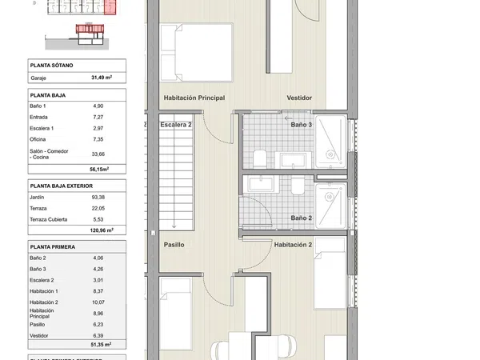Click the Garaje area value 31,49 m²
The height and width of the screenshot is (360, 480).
tap(102, 78)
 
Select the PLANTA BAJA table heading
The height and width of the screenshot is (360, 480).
tap(48, 95)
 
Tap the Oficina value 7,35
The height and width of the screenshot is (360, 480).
tap(98, 139)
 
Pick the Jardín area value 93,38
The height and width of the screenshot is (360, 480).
tap(98, 197)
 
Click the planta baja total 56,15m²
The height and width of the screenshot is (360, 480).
tap(99, 169)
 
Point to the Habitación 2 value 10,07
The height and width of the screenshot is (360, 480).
tap(98, 302)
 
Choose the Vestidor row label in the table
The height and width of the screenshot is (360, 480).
tap(39, 335)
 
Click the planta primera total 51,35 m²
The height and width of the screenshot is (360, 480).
tap(101, 344)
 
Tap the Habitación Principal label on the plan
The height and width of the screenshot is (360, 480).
tap(194, 98)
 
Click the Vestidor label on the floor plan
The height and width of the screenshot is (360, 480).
tap(299, 98)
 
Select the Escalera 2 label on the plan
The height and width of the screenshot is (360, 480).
tap(176, 125)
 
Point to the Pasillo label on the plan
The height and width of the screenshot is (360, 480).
tap(174, 245)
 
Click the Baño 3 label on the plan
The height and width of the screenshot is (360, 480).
tap(302, 125)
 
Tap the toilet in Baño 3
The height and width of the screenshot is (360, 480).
tap(260, 159)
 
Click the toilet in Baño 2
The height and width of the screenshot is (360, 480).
tap(298, 186)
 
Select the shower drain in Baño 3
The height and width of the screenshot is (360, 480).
tap(330, 154)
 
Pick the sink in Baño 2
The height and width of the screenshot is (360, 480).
tap(261, 184)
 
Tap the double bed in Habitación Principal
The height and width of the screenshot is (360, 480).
tap(197, 52)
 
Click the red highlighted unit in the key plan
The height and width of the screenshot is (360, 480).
tap(110, 6)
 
